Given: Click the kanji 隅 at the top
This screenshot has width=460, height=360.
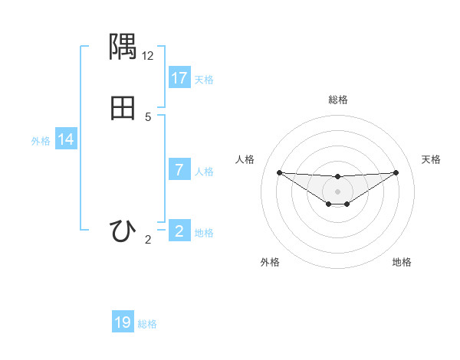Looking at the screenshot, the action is tap(123, 47).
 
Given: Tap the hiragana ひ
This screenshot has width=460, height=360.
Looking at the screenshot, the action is tap(123, 231).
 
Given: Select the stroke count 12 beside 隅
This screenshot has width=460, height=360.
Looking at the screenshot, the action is tap(148, 56).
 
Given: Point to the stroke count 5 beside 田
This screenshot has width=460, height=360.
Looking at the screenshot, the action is tap(148, 117).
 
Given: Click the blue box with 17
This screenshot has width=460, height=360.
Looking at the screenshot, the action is tap(179, 78).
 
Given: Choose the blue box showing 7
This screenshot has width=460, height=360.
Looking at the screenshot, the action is tap(179, 170).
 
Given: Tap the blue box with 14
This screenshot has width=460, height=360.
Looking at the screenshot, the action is tap(66, 139).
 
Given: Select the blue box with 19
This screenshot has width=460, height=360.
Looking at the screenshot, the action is tap(123, 322).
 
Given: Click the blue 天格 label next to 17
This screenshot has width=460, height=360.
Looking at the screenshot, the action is tap(204, 80).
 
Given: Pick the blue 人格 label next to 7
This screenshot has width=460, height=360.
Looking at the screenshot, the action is tap(204, 172).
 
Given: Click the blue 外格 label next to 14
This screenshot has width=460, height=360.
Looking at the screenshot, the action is tap(41, 141).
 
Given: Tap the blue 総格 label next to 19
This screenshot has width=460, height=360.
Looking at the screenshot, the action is tap(147, 324).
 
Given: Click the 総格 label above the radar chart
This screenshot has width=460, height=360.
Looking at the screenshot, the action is tap(337, 100).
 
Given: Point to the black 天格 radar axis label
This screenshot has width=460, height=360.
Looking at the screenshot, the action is tap(431, 159).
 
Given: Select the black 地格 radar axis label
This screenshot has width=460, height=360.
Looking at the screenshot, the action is tap(402, 262).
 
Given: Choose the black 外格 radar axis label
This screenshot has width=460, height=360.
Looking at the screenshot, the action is tap(270, 262).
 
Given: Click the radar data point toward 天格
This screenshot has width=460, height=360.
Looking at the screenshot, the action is tap(396, 172).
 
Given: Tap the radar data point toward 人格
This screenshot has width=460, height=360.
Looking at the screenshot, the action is tap(279, 172).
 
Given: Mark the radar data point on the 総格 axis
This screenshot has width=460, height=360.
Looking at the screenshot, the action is tap(337, 177).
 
